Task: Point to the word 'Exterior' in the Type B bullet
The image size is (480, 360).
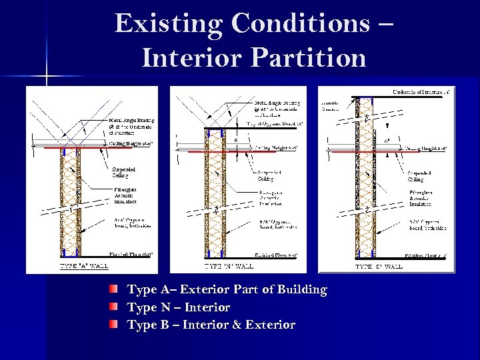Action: (266, 325)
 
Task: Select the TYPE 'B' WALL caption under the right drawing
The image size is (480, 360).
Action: (379, 266)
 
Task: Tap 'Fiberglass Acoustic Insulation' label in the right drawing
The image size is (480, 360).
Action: (421, 197)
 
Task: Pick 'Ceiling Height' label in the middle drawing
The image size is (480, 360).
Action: (275, 147)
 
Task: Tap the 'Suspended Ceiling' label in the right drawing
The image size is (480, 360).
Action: (417, 175)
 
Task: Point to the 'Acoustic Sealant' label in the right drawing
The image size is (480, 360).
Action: (331, 106)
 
